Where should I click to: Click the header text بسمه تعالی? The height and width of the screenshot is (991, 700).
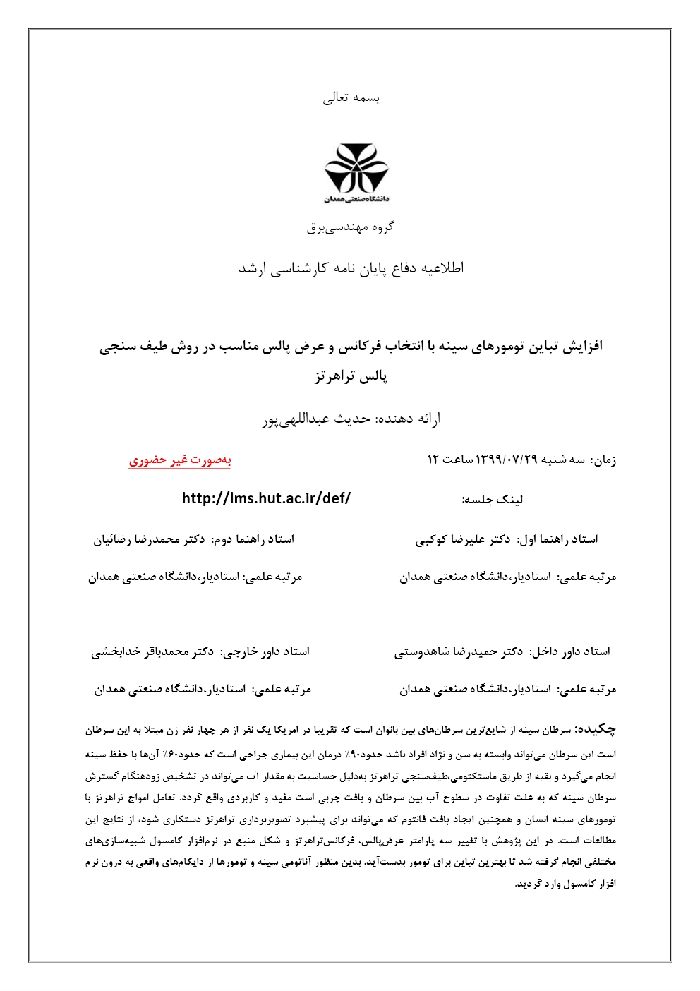click(x=351, y=98)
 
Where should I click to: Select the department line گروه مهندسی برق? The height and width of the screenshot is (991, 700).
click(x=351, y=227)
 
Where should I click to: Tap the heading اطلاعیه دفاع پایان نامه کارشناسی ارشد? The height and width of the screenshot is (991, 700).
click(x=351, y=268)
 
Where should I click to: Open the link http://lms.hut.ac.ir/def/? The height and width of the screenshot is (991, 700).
click(x=266, y=498)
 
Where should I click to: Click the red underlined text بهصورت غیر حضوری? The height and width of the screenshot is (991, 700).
click(x=180, y=460)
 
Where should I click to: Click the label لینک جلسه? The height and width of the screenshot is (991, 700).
click(x=493, y=500)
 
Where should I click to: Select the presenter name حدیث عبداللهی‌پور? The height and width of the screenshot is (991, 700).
click(x=316, y=419)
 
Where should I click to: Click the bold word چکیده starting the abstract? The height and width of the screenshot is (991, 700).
click(x=596, y=729)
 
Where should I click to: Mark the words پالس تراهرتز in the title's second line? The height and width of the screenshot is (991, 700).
click(x=351, y=376)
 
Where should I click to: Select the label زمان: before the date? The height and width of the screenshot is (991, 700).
click(x=604, y=460)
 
